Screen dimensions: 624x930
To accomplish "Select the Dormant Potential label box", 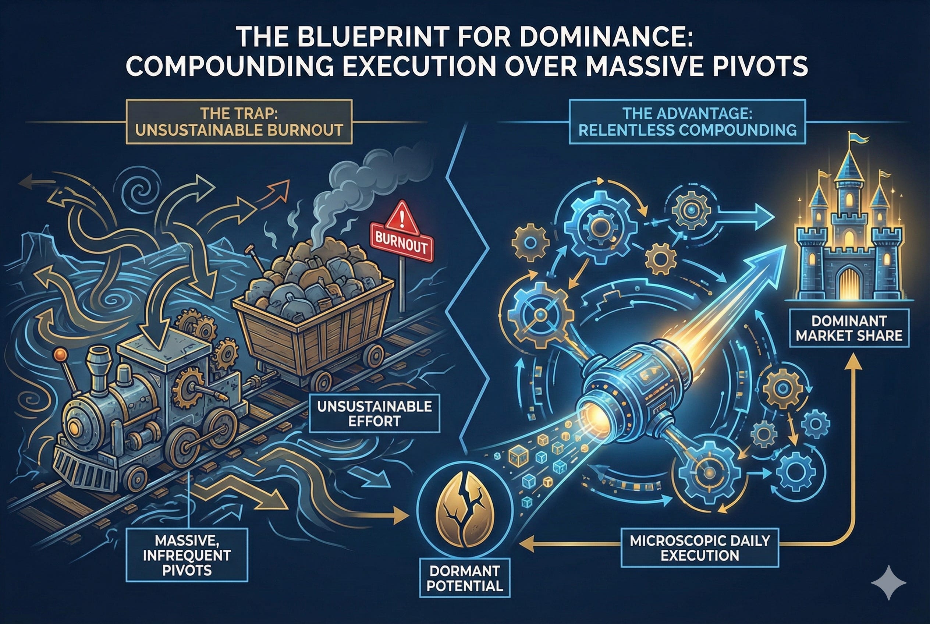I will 465,578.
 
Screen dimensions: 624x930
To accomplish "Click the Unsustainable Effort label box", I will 374,414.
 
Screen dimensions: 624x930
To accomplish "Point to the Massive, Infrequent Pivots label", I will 187,555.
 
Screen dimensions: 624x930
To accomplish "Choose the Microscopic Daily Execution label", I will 700,548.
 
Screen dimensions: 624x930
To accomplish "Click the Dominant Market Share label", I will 849,328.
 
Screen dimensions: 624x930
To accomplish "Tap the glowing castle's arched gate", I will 849,283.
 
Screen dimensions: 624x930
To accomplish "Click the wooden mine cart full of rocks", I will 315,318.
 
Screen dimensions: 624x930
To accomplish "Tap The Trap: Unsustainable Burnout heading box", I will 239,122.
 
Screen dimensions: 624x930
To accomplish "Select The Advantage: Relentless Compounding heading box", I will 687,122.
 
